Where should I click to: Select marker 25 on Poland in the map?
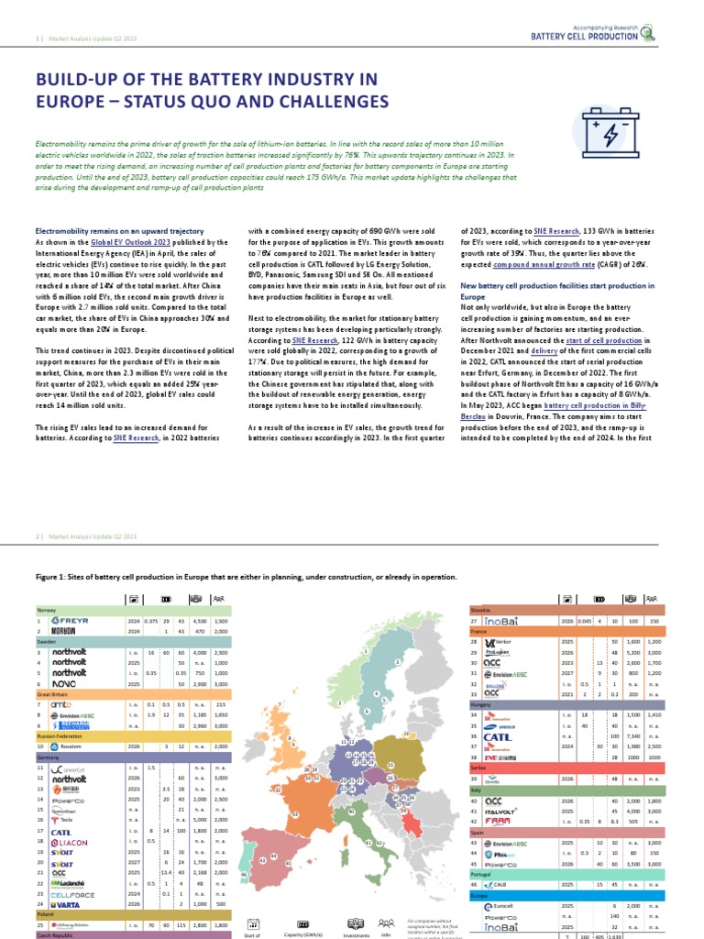pyautogui.click(x=390, y=764)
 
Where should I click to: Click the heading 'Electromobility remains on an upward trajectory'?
pyautogui.click(x=119, y=231)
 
